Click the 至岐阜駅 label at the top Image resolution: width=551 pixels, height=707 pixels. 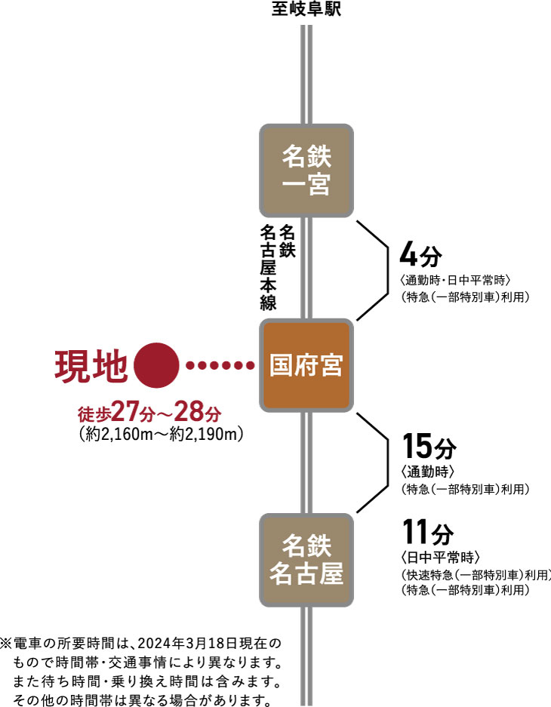coord(306,8)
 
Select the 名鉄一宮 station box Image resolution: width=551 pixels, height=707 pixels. coord(306,171)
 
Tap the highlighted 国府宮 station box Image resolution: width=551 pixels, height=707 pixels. coord(306,365)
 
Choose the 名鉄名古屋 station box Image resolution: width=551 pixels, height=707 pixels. coord(306,560)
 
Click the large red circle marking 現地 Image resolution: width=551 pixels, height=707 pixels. coord(156,365)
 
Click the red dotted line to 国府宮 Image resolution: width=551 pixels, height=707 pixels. coord(220,365)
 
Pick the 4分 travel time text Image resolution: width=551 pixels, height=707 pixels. coord(420,256)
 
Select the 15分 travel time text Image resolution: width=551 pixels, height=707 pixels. coord(429,446)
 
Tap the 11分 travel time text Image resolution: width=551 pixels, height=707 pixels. coord(428,532)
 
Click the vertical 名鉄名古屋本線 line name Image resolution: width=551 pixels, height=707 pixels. coord(277,267)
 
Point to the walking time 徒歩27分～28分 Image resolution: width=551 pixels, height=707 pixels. coord(149,411)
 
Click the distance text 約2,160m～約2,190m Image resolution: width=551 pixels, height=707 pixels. coord(161,434)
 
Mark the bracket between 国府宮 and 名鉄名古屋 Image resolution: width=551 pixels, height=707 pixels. coord(388,463)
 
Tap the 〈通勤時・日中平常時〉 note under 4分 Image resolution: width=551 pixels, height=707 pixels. coord(455,280)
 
